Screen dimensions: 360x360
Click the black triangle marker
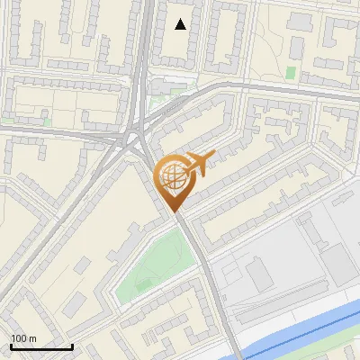coord(181,24)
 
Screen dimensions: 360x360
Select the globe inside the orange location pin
coord(174,178)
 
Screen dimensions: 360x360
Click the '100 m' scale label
coord(23,337)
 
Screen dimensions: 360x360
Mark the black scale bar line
coord(41,346)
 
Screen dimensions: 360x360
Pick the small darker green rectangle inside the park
coord(144,285)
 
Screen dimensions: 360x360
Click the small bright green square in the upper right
coord(290,72)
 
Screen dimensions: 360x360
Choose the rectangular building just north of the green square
coord(290,54)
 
